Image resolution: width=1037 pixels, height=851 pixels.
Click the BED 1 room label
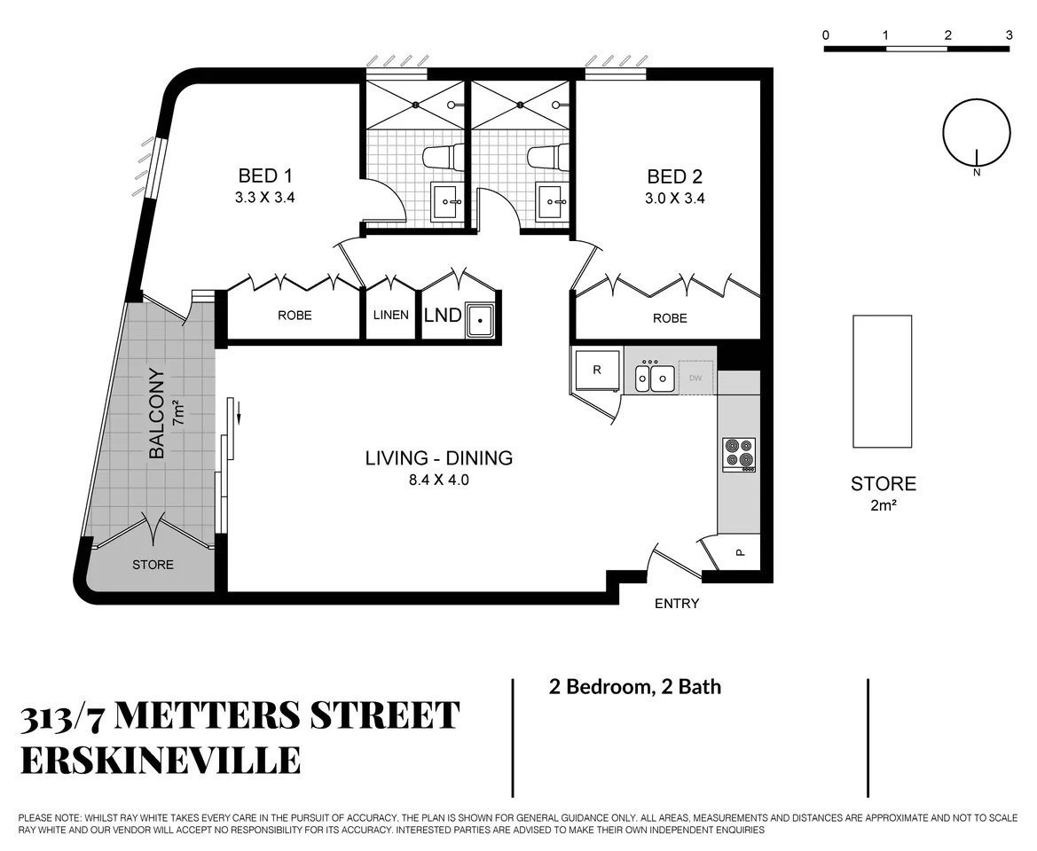pos(264,176)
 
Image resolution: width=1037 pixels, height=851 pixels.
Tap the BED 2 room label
pos(674,176)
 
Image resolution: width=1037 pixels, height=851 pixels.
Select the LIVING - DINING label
pos(439,458)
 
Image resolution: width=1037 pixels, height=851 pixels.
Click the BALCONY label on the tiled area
pos(157,414)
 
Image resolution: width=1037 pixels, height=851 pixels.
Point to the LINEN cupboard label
pos(390,316)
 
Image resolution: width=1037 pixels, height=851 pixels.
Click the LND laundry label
pos(443,316)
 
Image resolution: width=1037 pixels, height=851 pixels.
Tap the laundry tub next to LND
pos(481,320)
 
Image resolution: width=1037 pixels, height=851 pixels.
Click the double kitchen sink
pos(655,377)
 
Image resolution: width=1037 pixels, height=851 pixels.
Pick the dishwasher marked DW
pos(695,378)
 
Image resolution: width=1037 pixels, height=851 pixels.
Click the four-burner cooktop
pos(739,454)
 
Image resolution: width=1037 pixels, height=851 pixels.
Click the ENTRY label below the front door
pos(677,603)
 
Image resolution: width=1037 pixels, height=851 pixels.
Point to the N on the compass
pos(977,173)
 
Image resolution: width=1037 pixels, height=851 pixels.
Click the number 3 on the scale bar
pos(1009,35)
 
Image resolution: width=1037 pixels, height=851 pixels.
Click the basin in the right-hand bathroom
pos(552,201)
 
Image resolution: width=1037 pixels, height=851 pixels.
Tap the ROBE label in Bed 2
pos(670,318)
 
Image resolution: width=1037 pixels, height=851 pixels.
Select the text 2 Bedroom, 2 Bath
pos(635,687)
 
